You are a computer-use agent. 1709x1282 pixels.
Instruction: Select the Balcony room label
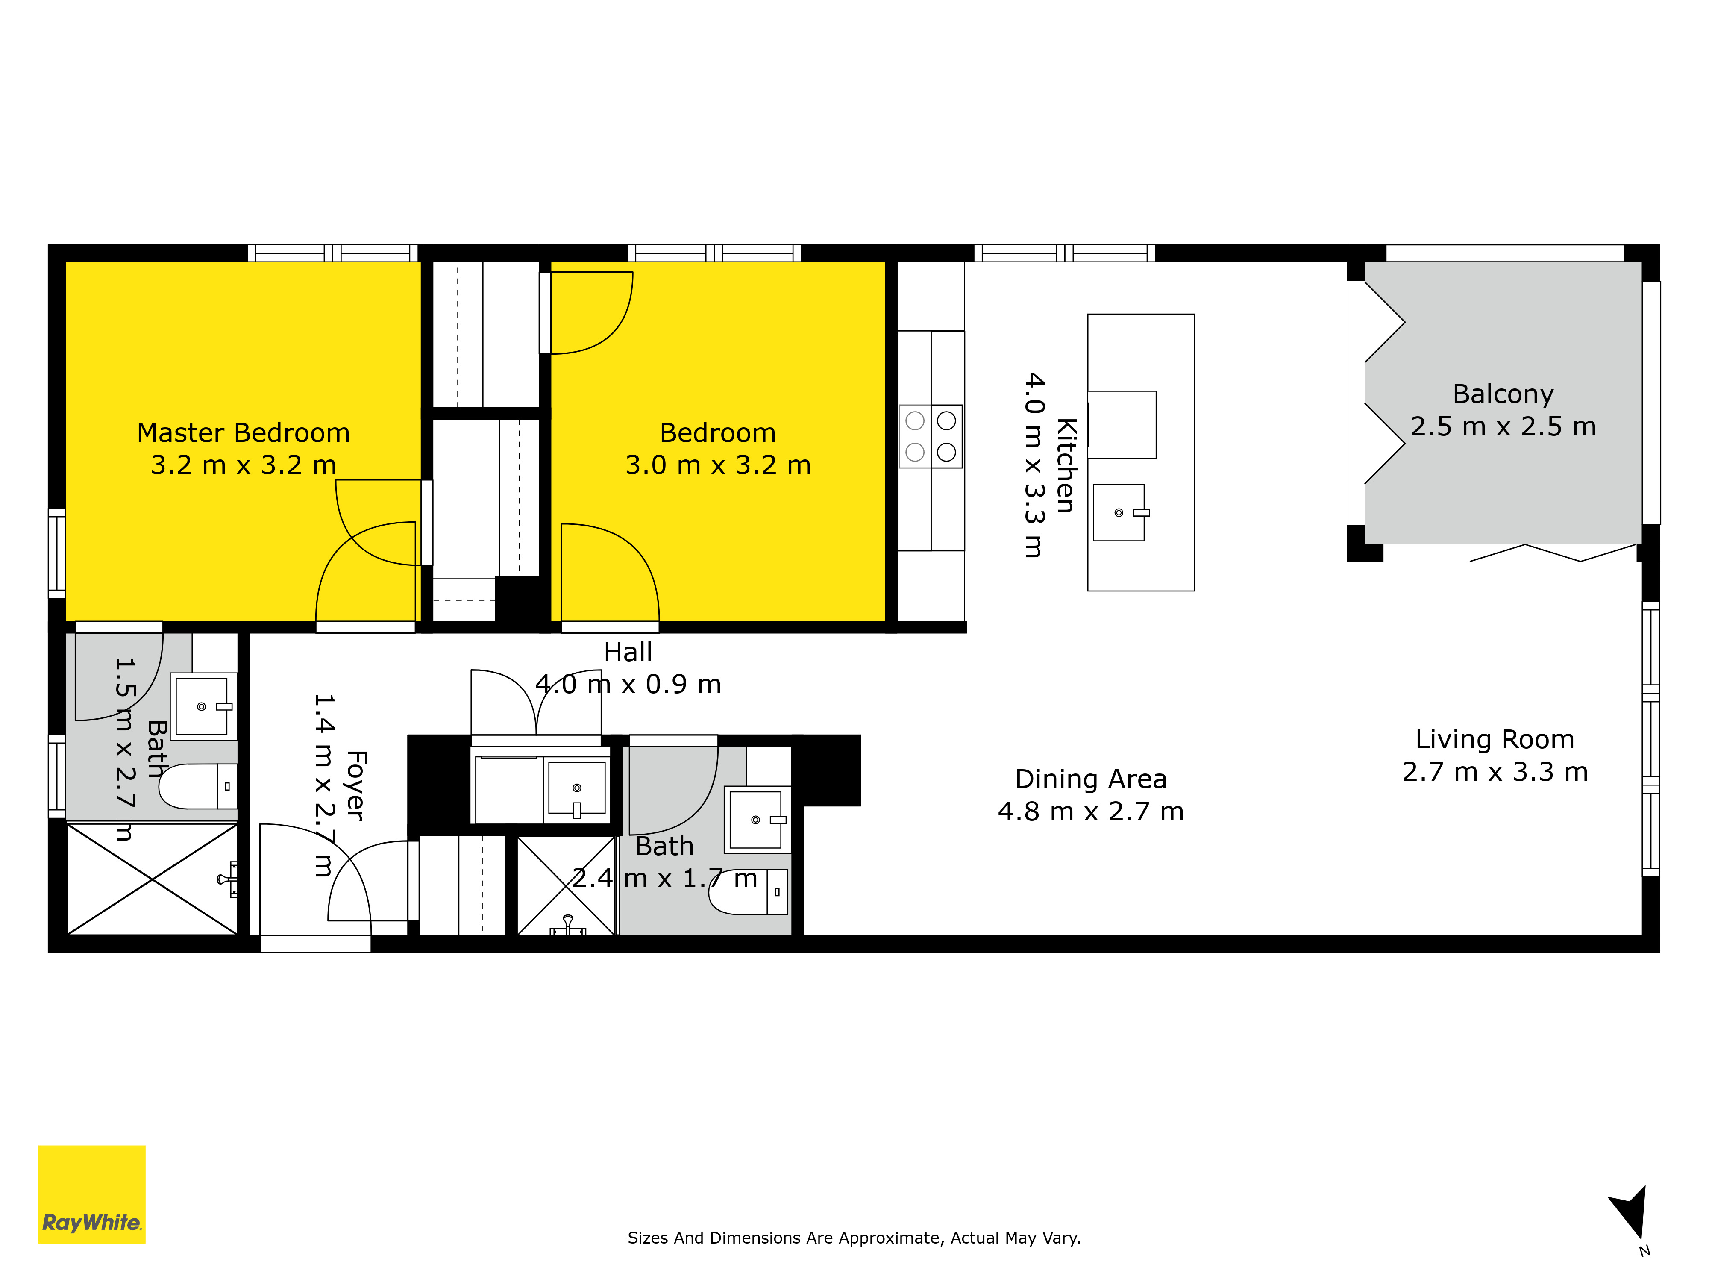(x=1503, y=394)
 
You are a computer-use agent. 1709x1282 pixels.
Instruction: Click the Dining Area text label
(x=1091, y=779)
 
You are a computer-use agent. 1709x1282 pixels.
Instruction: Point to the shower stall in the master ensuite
(x=152, y=879)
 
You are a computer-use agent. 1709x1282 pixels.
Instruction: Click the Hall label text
(x=628, y=652)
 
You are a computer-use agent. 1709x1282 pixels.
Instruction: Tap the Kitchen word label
(x=1066, y=465)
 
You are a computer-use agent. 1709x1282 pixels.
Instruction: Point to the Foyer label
(x=355, y=785)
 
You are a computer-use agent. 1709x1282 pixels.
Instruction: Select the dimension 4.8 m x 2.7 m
(x=1091, y=812)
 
